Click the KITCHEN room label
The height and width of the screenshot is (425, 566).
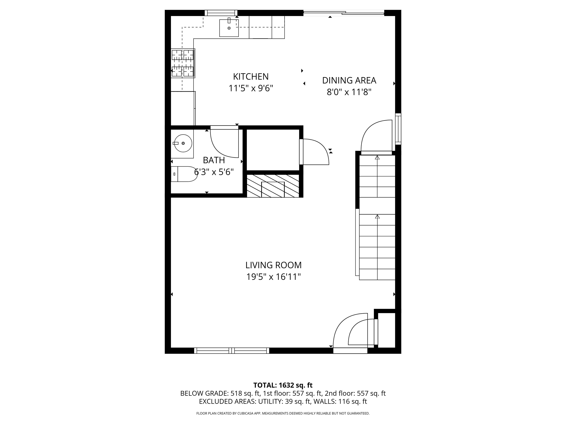[251, 77]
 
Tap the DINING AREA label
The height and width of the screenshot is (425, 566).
[349, 80]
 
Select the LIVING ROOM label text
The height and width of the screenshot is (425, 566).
[273, 265]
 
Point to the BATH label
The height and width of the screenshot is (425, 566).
[214, 160]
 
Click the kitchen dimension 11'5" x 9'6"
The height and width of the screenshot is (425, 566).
[251, 88]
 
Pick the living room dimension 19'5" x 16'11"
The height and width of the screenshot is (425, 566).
[273, 277]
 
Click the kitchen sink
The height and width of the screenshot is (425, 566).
[229, 28]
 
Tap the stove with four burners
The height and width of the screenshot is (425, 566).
[183, 63]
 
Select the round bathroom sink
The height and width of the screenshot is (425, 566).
[183, 143]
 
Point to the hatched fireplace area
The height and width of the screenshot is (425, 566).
[273, 186]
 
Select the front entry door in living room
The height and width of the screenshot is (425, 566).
[350, 333]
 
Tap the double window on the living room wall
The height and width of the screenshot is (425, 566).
[232, 350]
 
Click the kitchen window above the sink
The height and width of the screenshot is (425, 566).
[221, 13]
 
